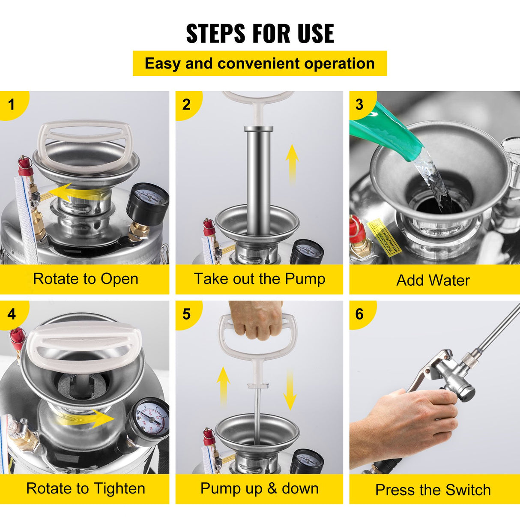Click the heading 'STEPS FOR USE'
coord(260,34)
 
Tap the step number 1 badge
coord(12,104)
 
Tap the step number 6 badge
coord(359,314)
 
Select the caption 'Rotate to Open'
coord(86,279)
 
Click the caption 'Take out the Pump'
coord(260,279)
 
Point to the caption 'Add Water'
coord(433,280)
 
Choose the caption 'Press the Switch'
coord(433,490)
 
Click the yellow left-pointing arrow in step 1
coord(64,193)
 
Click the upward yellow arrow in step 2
coord(292,163)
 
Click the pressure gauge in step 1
coord(148,200)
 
